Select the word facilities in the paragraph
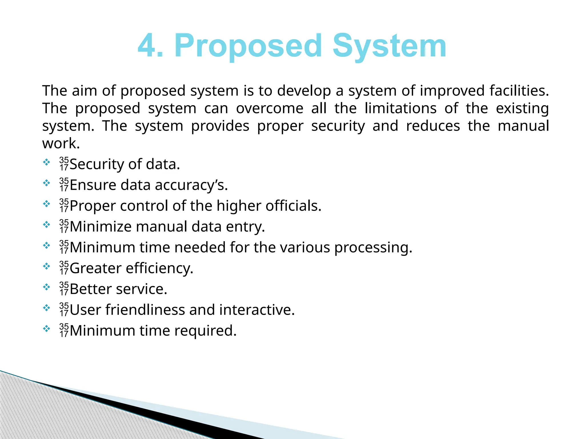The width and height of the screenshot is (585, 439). (519, 91)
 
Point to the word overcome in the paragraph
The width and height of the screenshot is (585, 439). (269, 109)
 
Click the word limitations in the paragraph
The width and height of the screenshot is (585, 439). (400, 109)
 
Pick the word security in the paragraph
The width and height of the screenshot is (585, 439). (338, 126)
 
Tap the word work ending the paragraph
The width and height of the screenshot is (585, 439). (61, 143)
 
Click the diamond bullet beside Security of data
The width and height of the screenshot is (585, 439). (46, 163)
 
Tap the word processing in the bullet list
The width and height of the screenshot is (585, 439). (373, 248)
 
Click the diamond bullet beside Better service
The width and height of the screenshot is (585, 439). (46, 287)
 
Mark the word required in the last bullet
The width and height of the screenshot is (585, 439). (205, 331)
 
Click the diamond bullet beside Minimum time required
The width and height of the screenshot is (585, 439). (46, 329)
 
